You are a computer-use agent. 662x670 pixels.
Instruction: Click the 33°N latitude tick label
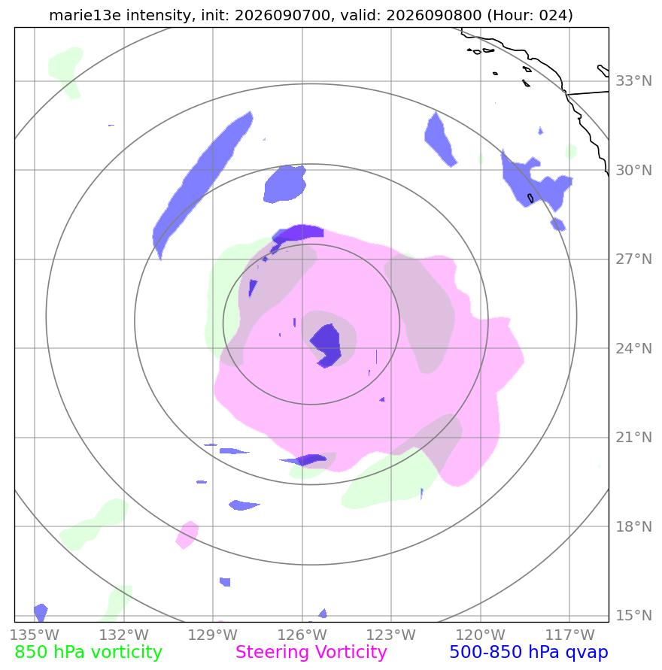(x=633, y=80)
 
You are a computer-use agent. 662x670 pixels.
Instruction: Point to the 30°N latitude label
(x=633, y=171)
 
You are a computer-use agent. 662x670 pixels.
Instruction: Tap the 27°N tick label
(x=633, y=259)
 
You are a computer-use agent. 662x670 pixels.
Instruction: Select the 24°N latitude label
(x=633, y=349)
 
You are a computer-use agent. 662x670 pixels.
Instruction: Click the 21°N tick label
(x=633, y=437)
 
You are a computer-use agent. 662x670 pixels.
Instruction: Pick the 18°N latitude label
(x=633, y=526)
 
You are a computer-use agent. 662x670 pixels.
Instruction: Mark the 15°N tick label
(x=633, y=615)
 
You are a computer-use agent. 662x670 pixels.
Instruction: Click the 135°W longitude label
(x=34, y=635)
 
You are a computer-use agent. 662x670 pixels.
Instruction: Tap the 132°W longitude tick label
(x=123, y=635)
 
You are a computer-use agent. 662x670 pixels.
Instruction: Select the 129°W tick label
(x=212, y=635)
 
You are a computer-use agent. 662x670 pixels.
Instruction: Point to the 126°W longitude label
(x=302, y=635)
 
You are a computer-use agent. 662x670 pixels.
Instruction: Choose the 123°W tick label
(x=390, y=635)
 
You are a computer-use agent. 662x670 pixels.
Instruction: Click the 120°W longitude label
(x=480, y=635)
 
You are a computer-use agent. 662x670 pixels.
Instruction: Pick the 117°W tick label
(x=569, y=635)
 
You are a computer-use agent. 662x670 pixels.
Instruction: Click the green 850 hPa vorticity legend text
(x=89, y=653)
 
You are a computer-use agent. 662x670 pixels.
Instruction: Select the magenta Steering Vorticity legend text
(x=311, y=653)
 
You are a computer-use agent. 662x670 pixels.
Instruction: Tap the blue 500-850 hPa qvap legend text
(x=529, y=653)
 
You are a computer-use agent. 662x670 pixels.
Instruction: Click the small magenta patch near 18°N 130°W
(x=187, y=535)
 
